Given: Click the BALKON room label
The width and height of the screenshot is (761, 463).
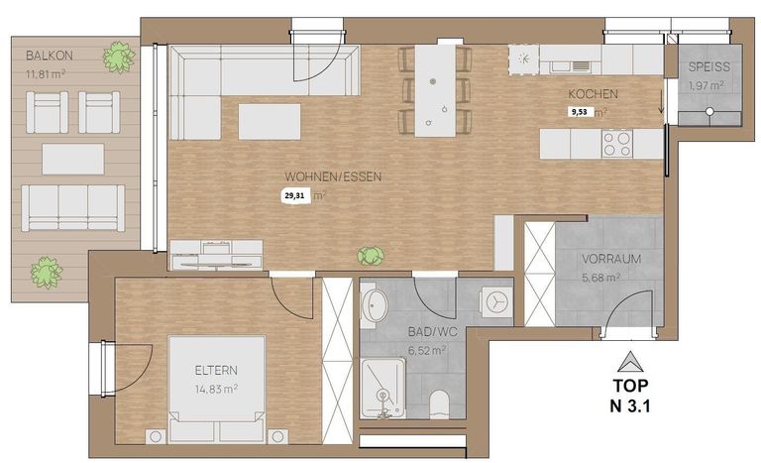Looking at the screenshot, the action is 49,56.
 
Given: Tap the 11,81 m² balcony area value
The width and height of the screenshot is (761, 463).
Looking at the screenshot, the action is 46,74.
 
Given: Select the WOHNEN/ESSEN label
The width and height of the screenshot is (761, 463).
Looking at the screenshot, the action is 333,176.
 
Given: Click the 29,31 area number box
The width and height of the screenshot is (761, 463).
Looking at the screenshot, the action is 295,196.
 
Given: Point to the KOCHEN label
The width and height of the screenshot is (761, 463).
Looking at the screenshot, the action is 594,94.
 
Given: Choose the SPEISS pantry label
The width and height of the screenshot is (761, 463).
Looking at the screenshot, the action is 709,67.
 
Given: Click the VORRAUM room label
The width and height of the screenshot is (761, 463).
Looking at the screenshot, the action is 611,259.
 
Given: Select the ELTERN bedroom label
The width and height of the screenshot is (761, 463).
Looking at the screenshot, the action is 216,370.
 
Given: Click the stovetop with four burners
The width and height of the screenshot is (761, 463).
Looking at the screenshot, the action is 617,144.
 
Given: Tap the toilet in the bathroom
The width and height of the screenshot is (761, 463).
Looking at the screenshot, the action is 441,405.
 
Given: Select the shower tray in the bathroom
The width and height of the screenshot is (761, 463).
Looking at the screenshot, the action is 383,389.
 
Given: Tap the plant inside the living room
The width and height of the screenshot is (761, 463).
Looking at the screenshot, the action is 371,256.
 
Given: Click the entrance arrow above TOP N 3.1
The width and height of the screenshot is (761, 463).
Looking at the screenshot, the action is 630,362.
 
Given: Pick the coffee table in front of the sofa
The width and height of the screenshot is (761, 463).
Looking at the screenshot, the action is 270,122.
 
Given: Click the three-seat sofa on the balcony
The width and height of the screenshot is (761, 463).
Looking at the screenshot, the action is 72,207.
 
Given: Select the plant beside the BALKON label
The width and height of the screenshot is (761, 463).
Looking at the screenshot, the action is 119,58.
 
